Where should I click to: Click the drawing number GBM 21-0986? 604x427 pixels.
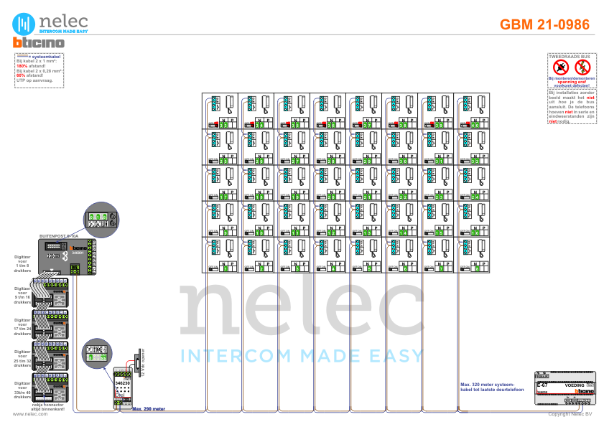[x=544, y=25]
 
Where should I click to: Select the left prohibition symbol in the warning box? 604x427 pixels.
[x=561, y=67]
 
